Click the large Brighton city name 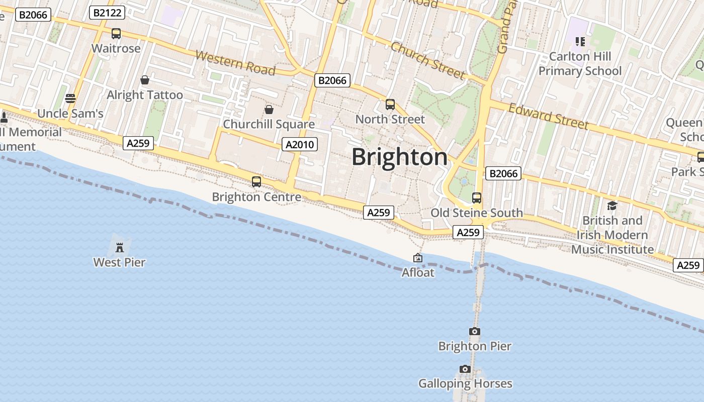tap(399, 157)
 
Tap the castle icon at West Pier tap(120, 247)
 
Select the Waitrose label tap(116, 49)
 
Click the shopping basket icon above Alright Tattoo tap(145, 80)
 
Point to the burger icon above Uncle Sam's tap(70, 98)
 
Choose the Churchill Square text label tap(269, 124)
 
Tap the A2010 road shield tap(299, 145)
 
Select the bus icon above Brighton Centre tap(256, 182)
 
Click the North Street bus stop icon tap(390, 105)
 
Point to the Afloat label tap(418, 272)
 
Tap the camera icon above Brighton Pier tap(474, 331)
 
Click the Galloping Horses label tap(465, 384)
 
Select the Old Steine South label tap(477, 213)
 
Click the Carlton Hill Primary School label tap(580, 64)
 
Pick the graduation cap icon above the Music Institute tap(612, 206)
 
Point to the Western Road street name tap(235, 62)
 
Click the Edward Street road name tap(548, 117)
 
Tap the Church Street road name tap(428, 61)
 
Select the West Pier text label tap(119, 262)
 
